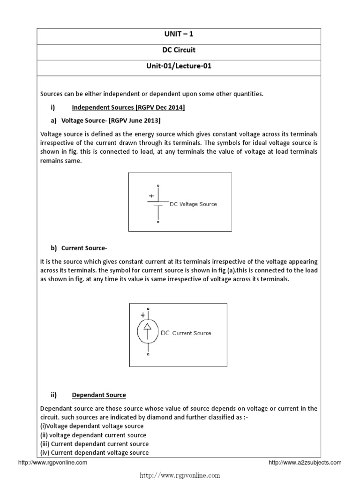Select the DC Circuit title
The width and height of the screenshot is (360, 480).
[180, 51]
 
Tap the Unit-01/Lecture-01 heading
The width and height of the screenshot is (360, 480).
[180, 66]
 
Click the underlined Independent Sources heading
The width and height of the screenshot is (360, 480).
[128, 108]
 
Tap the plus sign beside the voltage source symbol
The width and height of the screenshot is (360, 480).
[151, 196]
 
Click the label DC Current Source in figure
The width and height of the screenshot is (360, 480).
[186, 333]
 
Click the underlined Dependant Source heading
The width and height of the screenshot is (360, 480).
[99, 395]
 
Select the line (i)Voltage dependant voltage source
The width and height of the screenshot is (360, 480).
[92, 426]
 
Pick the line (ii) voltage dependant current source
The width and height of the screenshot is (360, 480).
[94, 435]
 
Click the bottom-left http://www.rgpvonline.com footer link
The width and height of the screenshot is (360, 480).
[52, 463]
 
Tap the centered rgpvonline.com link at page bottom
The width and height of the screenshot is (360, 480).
[180, 475]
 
